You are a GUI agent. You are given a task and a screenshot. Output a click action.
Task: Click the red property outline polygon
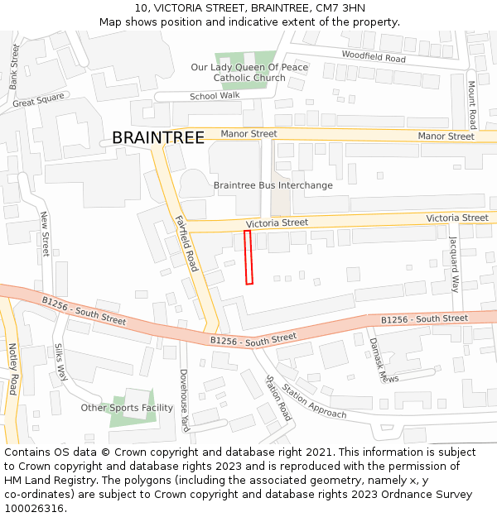click(248, 257)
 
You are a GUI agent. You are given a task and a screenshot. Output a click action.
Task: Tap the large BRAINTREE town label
click(157, 138)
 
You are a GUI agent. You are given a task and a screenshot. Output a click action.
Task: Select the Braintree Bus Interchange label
click(273, 185)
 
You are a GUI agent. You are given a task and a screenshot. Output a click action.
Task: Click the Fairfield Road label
click(186, 243)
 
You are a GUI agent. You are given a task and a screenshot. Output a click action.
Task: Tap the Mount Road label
click(471, 104)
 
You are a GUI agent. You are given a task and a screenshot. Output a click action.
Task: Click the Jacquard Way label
click(454, 265)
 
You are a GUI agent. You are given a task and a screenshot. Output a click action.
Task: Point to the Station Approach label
click(314, 400)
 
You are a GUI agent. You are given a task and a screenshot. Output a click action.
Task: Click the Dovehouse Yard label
click(185, 400)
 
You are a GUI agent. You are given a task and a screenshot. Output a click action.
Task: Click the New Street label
click(46, 239)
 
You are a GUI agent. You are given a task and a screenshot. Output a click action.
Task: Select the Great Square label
click(38, 101)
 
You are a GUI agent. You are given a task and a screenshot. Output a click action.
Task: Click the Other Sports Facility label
click(127, 408)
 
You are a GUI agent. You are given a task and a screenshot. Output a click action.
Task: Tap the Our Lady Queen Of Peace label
click(248, 67)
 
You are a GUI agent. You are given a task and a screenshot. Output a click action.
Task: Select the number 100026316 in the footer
click(33, 508)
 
